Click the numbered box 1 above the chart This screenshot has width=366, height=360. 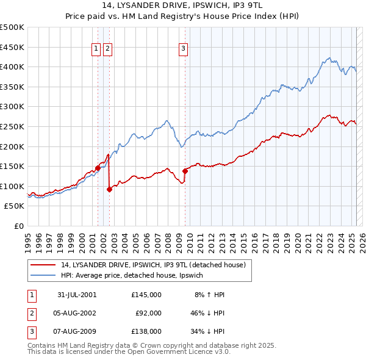click(96, 50)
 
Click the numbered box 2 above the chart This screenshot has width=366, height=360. click(107, 50)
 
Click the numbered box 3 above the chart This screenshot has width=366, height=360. click(184, 50)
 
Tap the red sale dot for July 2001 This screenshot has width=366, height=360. click(98, 168)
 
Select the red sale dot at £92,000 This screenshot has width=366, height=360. click(109, 189)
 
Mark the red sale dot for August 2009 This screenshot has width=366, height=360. click(185, 171)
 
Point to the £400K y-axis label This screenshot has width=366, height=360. click(12, 67)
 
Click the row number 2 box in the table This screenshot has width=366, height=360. click(32, 313)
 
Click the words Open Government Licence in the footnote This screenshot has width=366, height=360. click(168, 351)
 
